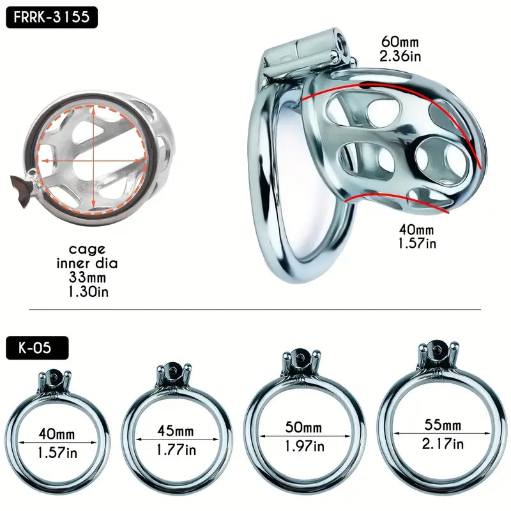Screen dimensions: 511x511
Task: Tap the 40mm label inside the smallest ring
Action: [56, 435]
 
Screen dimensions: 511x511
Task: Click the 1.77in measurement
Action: [176, 450]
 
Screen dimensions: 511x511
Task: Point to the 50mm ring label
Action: [304, 427]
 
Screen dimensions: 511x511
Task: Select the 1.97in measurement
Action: [304, 445]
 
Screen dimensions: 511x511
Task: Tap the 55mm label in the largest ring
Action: [442, 424]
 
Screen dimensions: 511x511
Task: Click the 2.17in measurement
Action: [442, 443]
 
